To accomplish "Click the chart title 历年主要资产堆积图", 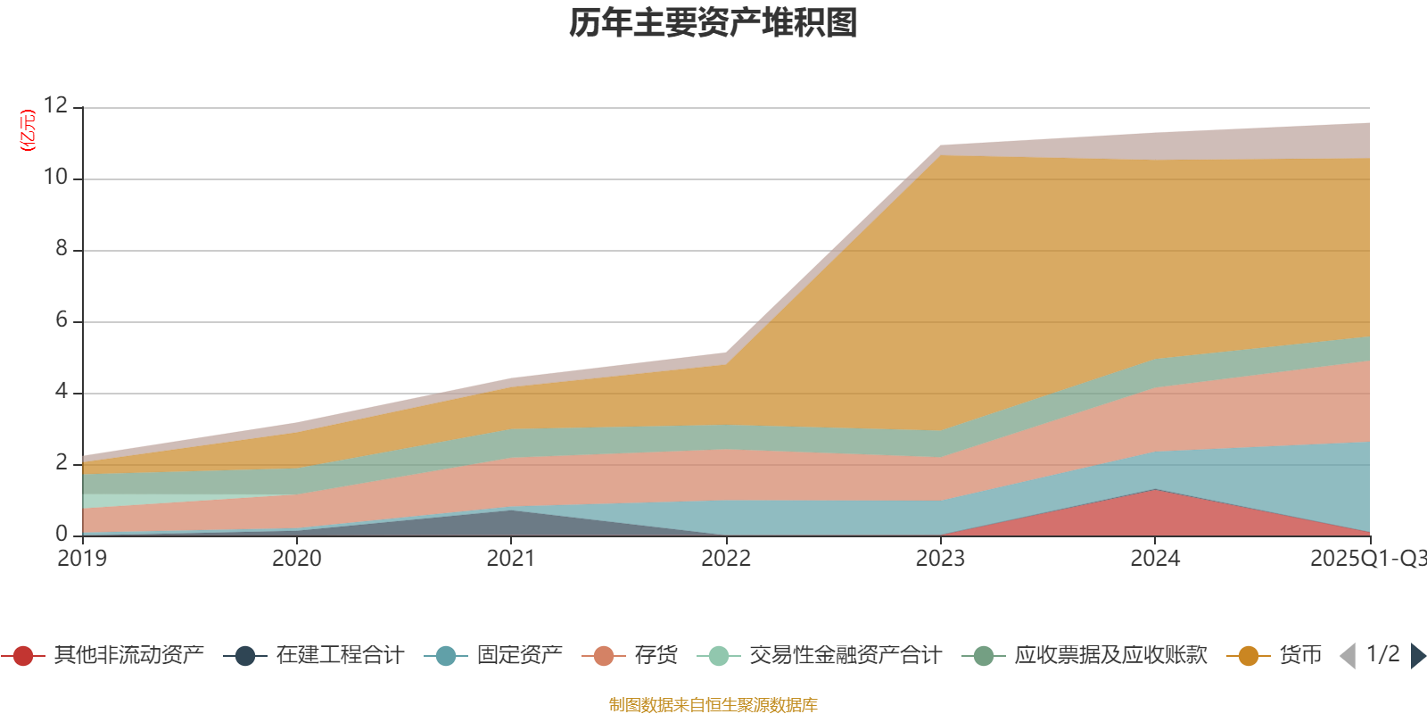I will [x=713, y=23].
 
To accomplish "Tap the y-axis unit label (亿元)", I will [x=28, y=130].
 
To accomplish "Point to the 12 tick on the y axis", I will [x=55, y=106].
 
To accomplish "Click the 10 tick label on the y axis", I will [x=55, y=178].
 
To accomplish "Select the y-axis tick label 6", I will [x=62, y=320].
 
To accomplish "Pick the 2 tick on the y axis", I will [x=62, y=463].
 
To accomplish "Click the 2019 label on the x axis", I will [x=82, y=559].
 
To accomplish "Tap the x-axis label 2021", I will [x=511, y=559].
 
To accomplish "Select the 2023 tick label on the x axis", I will [x=940, y=559].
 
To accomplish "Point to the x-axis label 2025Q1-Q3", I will [x=1367, y=559].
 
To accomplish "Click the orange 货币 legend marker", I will [x=1249, y=656].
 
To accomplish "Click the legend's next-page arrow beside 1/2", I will [x=1418, y=656].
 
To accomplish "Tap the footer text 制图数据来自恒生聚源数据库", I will [x=713, y=705].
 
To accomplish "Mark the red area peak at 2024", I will [x=1155, y=490].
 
